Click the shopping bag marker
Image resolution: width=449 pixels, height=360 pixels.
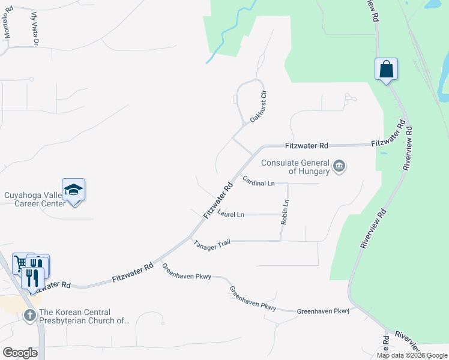387,69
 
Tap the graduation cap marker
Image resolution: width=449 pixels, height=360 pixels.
73,190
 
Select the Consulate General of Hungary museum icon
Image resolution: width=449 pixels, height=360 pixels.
339,166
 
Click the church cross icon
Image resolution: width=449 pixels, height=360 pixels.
29,316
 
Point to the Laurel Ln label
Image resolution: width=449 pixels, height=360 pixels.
231,214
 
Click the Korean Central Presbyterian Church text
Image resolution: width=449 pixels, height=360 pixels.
83,316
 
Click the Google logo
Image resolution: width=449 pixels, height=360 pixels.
20,353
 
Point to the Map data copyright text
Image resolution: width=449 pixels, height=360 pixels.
412,355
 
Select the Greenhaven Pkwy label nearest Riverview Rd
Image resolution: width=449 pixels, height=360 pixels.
323,311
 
